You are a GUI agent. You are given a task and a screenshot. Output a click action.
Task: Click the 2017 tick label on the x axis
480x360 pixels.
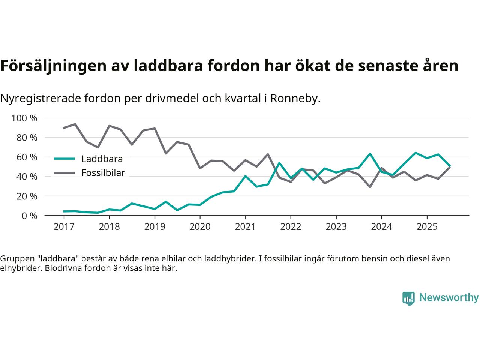[x=64, y=227]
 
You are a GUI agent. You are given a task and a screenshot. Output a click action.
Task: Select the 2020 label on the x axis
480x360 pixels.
[x=200, y=227]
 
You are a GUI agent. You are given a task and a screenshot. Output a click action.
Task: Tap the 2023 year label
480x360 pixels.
[x=336, y=227]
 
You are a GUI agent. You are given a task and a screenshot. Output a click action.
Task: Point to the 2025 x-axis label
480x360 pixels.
[x=427, y=227]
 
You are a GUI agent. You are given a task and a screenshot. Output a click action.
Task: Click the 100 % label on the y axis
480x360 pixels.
[x=24, y=118]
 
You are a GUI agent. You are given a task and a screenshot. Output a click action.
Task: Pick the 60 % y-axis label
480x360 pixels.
[x=27, y=157]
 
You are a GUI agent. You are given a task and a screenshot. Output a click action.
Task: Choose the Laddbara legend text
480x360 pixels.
[x=102, y=159]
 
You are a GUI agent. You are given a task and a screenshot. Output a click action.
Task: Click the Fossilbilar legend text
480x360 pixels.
[x=103, y=173]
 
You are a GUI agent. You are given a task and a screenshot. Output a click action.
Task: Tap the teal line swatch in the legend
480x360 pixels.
[x=64, y=159]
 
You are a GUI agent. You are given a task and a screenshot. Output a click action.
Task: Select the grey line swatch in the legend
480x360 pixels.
[x=64, y=173]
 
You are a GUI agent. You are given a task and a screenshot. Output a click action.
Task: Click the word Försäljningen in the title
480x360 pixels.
[x=52, y=66]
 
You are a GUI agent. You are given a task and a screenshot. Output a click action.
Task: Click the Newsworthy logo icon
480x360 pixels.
[x=408, y=298]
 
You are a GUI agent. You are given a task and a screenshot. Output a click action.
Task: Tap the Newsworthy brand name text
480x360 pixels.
[x=448, y=298]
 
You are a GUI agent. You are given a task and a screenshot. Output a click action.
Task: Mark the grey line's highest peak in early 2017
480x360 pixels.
[x=75, y=124]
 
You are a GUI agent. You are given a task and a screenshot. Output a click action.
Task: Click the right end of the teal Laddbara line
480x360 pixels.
[x=450, y=166]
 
